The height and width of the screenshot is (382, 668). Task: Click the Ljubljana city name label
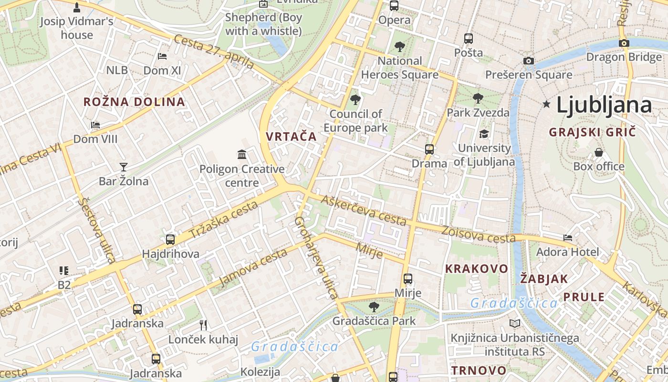tap(604, 105)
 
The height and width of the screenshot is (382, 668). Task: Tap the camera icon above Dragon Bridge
tap(624, 43)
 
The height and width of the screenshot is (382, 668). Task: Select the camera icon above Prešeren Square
tap(528, 61)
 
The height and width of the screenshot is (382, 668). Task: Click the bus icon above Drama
tap(429, 149)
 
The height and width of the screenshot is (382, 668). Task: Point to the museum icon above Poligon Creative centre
tap(242, 154)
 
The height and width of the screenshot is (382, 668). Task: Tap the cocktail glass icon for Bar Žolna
tap(124, 167)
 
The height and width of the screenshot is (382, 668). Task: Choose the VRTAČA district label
tap(291, 136)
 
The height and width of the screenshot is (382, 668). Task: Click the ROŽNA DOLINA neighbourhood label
tap(134, 102)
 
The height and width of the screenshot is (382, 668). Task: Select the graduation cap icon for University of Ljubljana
tap(484, 134)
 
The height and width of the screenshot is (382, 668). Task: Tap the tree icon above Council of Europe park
tap(355, 99)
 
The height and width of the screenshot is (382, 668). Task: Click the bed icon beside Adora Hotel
tap(568, 237)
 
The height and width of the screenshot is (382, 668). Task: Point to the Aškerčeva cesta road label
tap(364, 211)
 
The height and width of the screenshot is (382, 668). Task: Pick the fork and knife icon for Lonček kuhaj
tap(204, 325)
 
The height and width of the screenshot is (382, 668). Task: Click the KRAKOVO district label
tap(477, 269)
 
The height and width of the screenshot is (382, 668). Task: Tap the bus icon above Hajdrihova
tap(170, 239)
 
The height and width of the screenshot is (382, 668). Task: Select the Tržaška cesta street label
tap(223, 220)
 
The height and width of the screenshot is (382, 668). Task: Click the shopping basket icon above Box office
tap(599, 152)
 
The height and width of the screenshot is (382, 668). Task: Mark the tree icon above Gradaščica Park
tap(374, 307)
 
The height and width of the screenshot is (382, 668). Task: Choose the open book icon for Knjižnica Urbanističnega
tap(515, 323)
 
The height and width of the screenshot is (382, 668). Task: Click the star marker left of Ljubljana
tap(547, 104)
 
